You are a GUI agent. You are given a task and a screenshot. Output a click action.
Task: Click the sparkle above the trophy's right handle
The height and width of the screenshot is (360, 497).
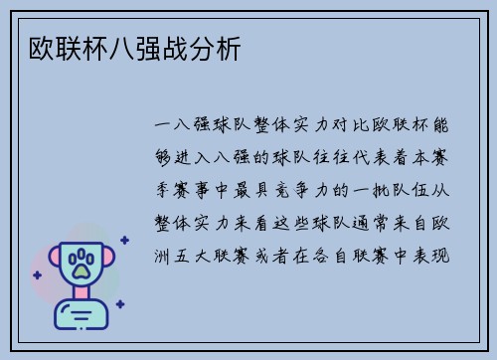(x=124, y=240)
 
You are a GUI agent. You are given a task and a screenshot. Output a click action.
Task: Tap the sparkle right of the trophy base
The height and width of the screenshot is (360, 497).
(x=118, y=304)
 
